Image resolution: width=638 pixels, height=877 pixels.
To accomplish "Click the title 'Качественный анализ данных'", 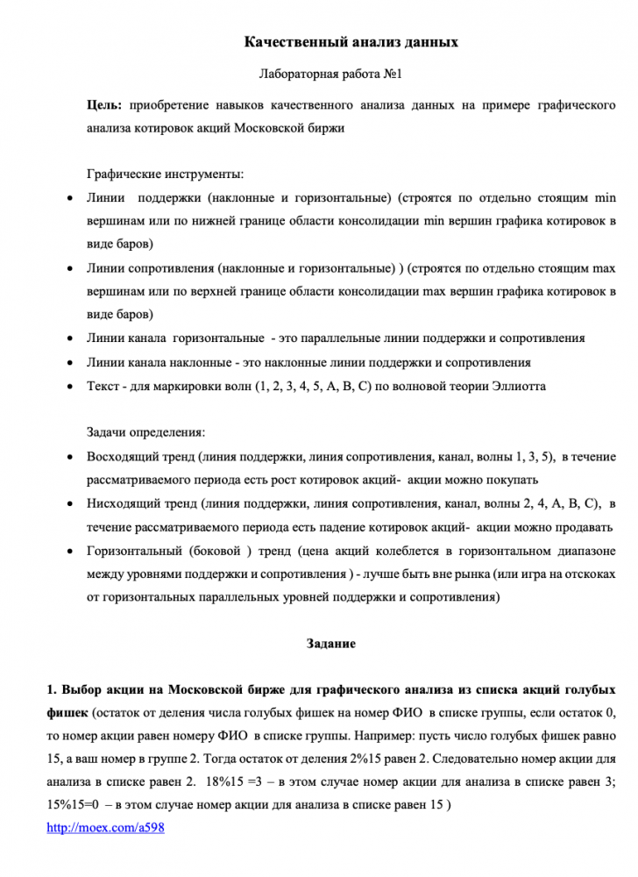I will [x=351, y=42].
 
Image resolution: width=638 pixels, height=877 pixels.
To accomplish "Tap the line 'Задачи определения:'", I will [x=145, y=433].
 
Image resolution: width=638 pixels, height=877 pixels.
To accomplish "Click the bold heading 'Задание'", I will [x=330, y=645].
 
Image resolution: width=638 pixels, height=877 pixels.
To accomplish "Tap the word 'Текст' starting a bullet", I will [x=103, y=386].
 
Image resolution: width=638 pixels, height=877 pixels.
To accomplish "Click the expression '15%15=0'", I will [x=73, y=804].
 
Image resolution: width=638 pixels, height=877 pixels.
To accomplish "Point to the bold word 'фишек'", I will [x=67, y=709].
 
